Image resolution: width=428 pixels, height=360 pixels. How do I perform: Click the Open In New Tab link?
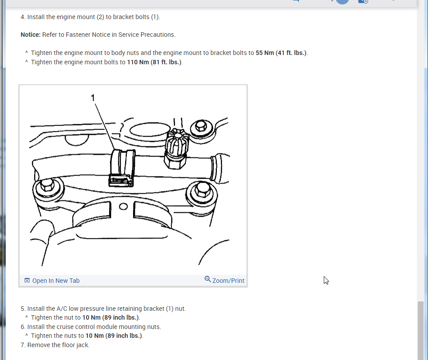[x=55, y=281]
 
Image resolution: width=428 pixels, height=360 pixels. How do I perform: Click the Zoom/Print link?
[x=228, y=281]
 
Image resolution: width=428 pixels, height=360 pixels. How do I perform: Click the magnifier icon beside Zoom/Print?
[x=208, y=279]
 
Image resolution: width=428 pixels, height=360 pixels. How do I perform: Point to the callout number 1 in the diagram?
[x=93, y=98]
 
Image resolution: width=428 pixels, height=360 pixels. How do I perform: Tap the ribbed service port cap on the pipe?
[x=177, y=144]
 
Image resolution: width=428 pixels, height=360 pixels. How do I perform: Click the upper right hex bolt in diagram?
[x=200, y=128]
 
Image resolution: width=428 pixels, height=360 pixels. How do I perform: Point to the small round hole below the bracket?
[x=123, y=206]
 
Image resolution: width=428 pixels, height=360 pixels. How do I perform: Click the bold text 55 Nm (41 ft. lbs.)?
[x=281, y=53]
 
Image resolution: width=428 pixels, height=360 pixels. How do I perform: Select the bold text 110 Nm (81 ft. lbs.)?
[x=154, y=62]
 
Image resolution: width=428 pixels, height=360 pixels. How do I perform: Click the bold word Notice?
[x=31, y=35]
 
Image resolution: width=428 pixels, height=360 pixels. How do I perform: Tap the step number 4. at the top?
[x=23, y=17]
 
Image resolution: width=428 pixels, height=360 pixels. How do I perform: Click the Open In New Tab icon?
[x=27, y=281]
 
